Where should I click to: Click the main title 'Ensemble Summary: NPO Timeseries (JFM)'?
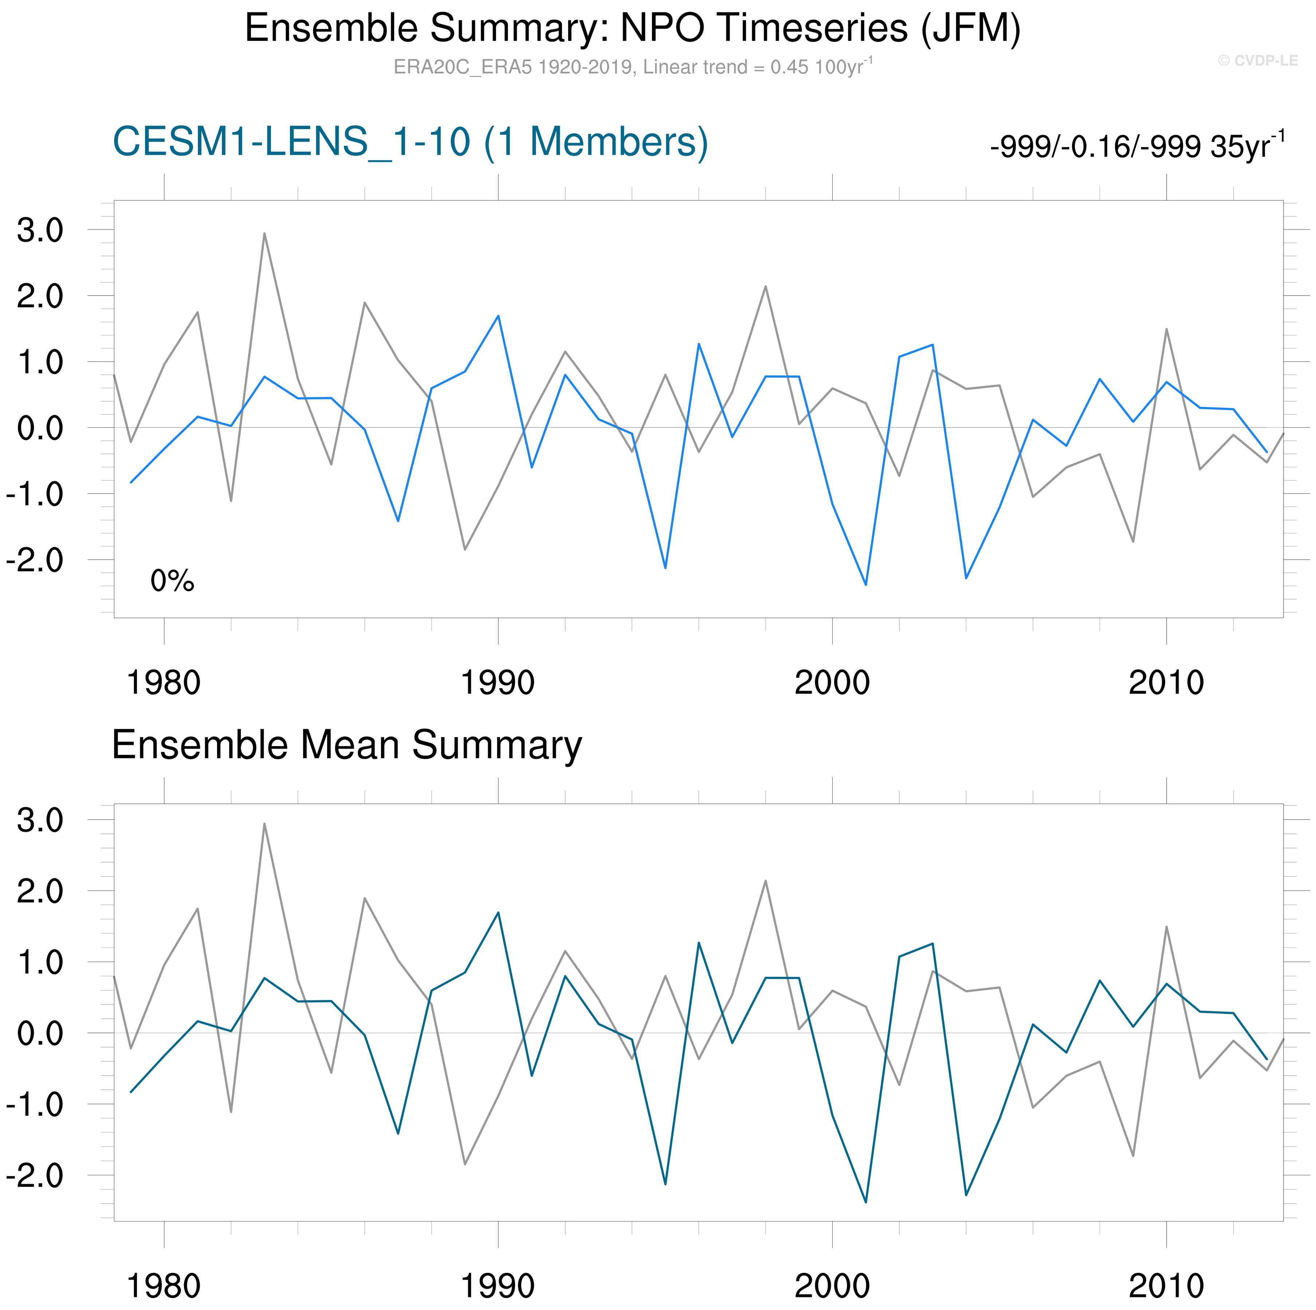632,29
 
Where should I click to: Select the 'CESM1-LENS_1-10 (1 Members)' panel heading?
410,142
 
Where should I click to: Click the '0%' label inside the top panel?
172,581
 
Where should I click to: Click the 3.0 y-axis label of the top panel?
40,231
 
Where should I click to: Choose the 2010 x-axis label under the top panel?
1166,683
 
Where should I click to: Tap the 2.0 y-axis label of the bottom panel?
40,891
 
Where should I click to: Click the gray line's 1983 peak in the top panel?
264,233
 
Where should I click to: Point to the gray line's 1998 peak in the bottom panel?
766,881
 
